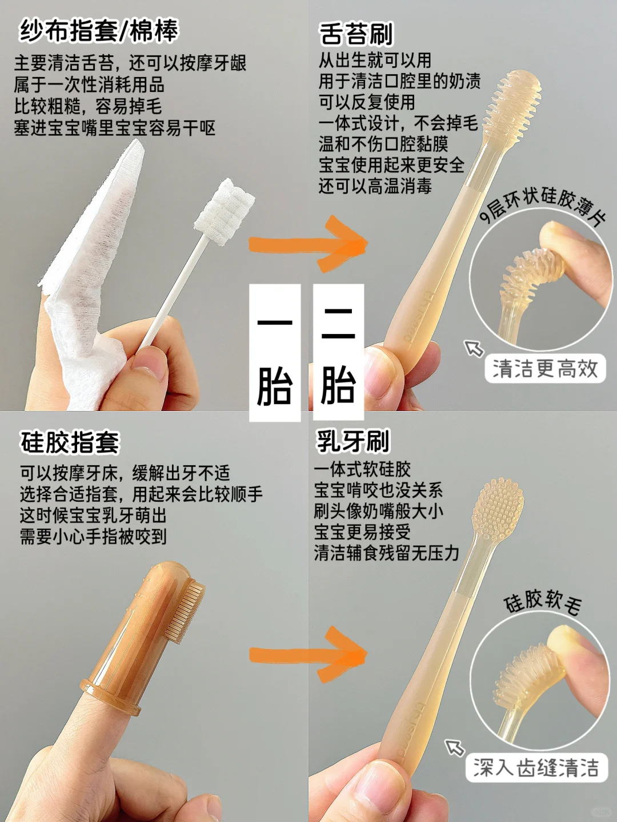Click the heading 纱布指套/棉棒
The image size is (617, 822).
99,31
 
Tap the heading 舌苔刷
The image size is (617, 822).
356,34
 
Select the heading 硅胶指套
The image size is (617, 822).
70,442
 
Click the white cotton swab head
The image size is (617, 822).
224,212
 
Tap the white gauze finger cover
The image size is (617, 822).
90,269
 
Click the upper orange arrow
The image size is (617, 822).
308,244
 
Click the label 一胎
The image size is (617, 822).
275,353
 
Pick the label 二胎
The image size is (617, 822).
338,353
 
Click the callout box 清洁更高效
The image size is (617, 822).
545,369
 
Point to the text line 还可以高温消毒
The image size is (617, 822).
375,186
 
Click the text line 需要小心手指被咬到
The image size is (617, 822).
93,536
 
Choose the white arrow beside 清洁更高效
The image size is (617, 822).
474,348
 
